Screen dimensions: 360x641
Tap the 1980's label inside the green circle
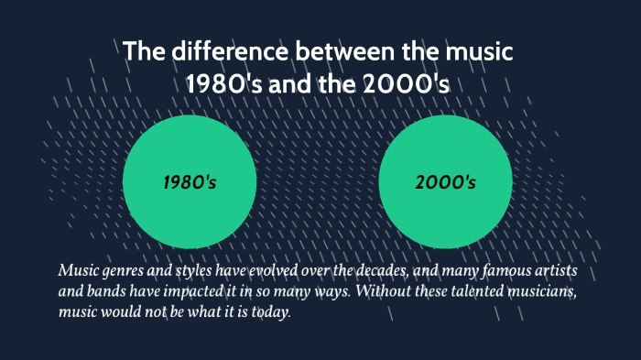click(190, 182)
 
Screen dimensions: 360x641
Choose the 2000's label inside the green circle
click(445, 182)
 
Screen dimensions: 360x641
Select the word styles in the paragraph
click(190, 272)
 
